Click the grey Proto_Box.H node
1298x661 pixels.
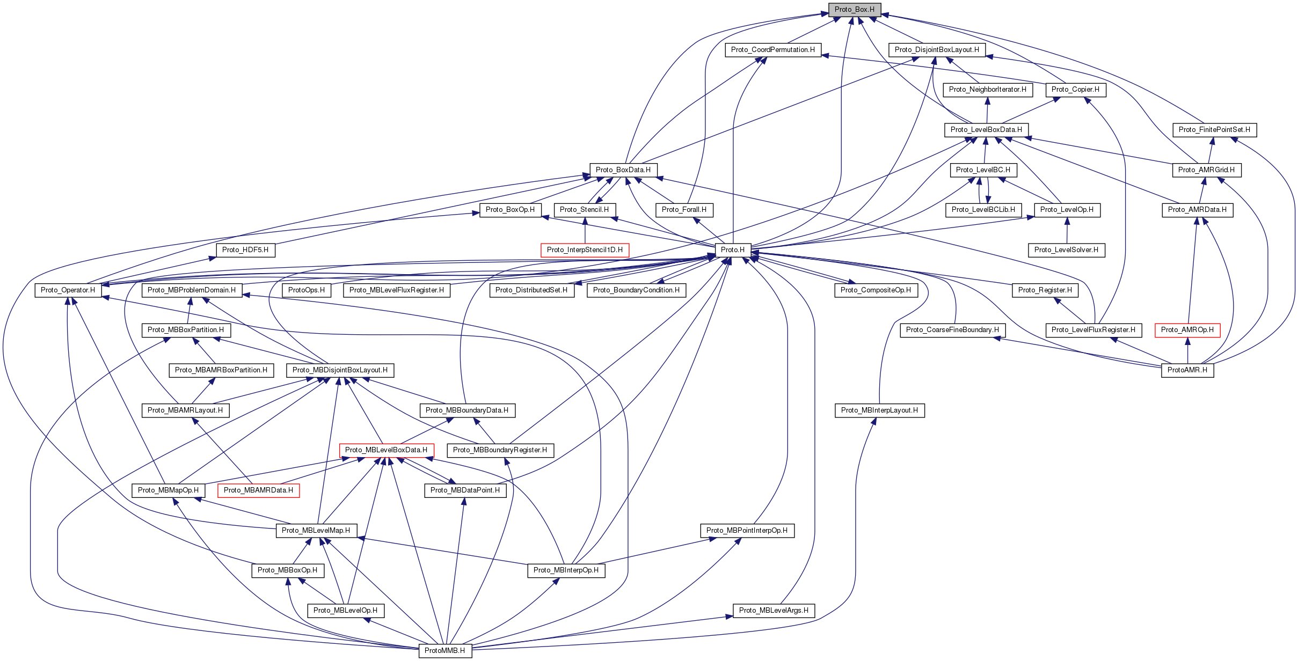[x=854, y=10]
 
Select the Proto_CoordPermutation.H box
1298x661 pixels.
[x=772, y=50]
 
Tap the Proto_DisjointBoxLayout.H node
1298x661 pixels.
[x=936, y=50]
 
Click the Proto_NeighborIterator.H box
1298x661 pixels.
[x=987, y=90]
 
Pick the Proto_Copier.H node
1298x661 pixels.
[x=1075, y=90]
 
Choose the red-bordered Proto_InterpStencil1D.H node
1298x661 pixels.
[x=585, y=250]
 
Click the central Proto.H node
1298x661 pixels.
[x=732, y=250]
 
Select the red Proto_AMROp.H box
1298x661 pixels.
[x=1187, y=330]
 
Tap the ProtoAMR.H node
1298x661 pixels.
[x=1187, y=370]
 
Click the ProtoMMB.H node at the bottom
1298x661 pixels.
[x=444, y=651]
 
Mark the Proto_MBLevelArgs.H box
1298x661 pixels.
[x=774, y=611]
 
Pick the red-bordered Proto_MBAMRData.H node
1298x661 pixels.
[x=258, y=490]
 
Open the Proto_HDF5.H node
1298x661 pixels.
[x=245, y=250]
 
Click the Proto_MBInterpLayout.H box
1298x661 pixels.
[x=879, y=410]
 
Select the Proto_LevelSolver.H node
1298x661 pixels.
[x=1066, y=250]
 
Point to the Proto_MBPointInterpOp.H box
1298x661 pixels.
[x=747, y=531]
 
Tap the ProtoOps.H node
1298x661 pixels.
[x=306, y=290]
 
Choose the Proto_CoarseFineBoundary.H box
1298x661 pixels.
[x=952, y=330]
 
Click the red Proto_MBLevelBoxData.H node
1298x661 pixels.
[x=386, y=450]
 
